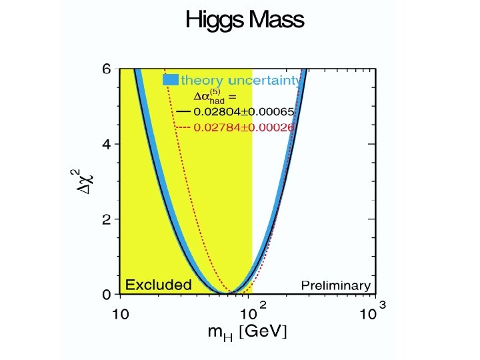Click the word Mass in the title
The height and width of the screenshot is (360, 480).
275,20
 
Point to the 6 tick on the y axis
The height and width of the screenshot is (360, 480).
106,69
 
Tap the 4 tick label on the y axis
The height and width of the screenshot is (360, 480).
106,144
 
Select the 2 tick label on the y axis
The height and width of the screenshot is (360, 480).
106,219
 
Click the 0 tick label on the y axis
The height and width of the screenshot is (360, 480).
106,294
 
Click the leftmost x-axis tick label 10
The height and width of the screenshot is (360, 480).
120,314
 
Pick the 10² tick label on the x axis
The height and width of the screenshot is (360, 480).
251,312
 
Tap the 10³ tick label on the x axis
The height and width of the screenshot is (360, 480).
373,312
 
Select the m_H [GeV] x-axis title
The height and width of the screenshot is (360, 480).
248,333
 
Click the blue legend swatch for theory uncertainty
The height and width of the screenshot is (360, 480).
171,80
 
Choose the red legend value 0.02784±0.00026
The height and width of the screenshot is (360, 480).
243,127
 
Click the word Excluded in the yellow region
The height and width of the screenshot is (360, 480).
158,285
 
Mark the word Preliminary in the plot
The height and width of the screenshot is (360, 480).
335,285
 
